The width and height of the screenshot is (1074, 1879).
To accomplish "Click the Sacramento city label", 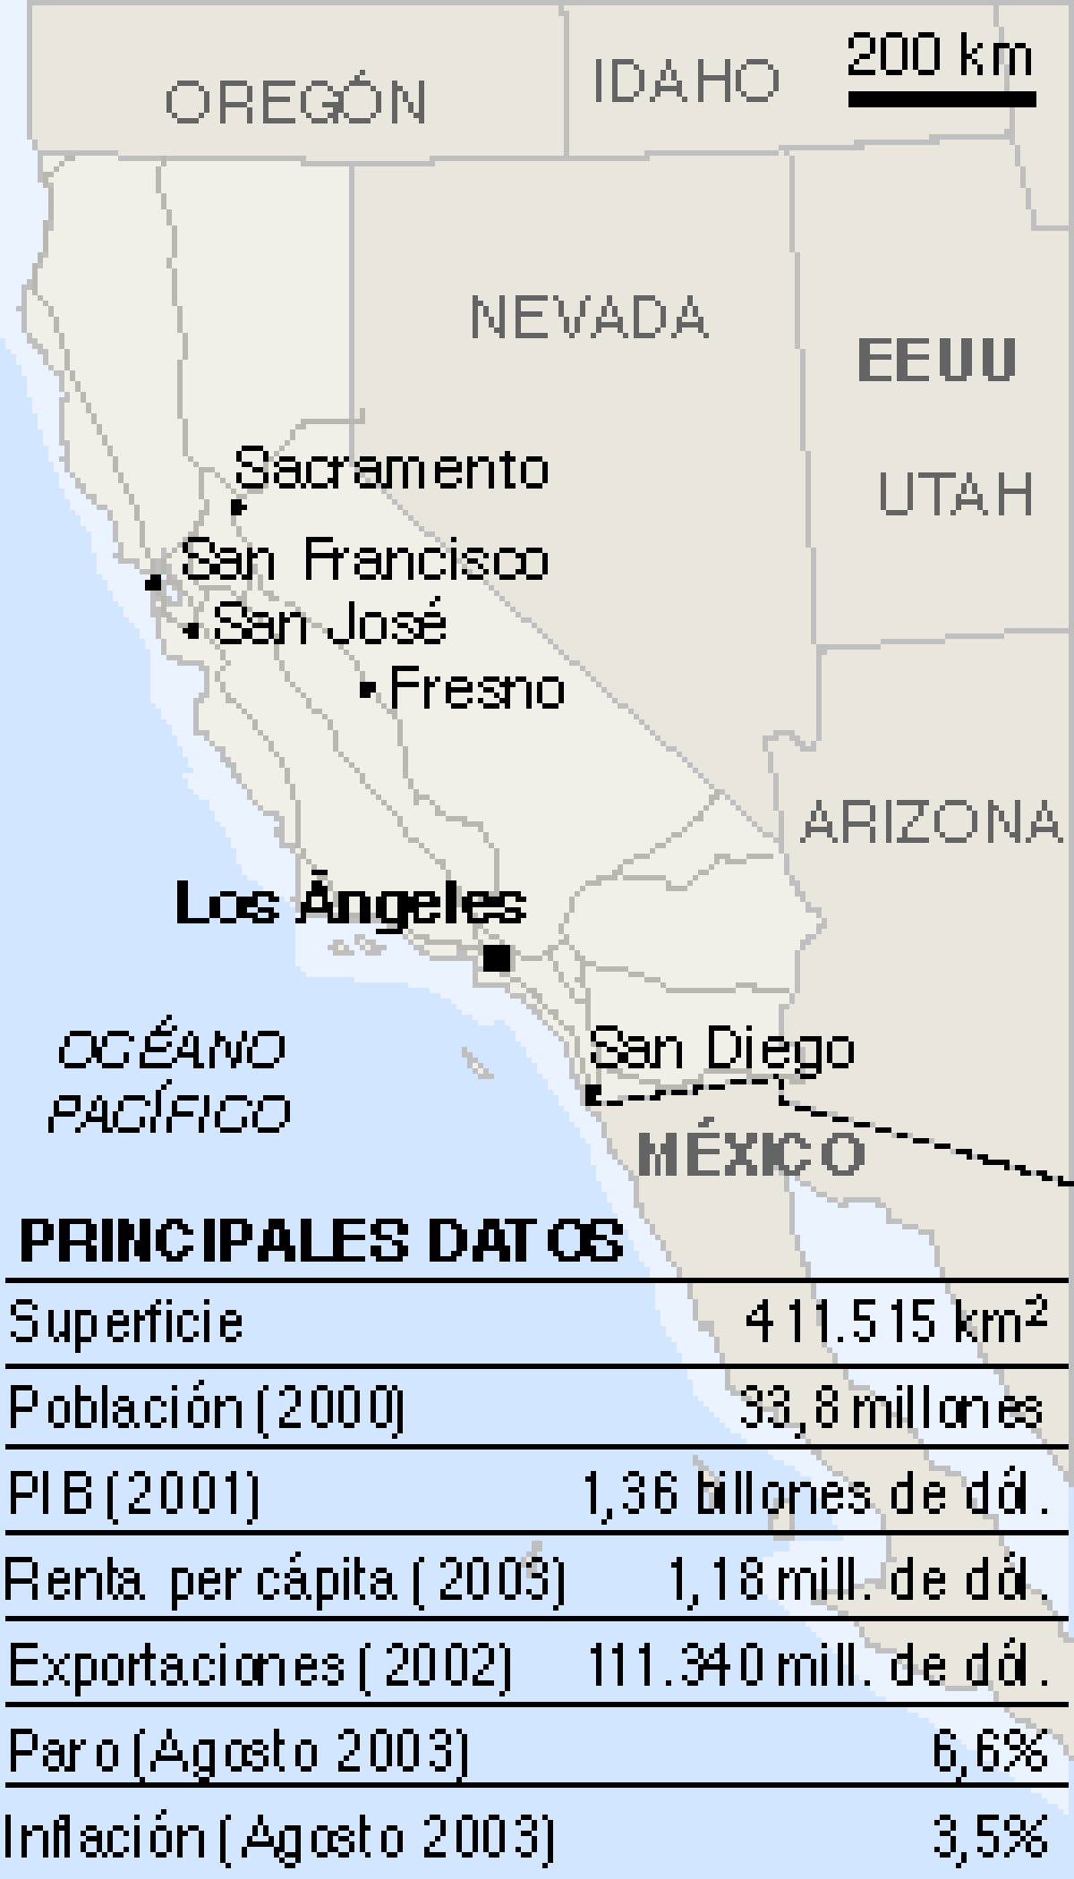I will pyautogui.click(x=391, y=469).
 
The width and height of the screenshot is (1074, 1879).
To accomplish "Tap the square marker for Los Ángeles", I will pyautogui.click(x=497, y=958).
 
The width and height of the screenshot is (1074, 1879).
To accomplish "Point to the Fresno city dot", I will pyautogui.click(x=366, y=689).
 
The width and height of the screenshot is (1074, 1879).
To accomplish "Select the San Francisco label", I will pyautogui.click(x=364, y=560).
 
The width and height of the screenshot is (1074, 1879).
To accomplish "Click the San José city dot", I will pyautogui.click(x=192, y=630).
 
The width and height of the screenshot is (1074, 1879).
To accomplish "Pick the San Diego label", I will pyautogui.click(x=721, y=1048).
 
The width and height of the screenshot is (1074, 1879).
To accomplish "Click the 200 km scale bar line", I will pyautogui.click(x=942, y=98).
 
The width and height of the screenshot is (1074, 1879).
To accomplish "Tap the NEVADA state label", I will pyautogui.click(x=590, y=317).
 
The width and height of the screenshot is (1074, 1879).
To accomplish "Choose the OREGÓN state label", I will pyautogui.click(x=296, y=101).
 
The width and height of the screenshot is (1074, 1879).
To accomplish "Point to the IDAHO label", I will pyautogui.click(x=686, y=81).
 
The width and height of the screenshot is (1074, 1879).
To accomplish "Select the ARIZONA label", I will pyautogui.click(x=931, y=822).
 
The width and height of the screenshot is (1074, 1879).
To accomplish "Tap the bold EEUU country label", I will pyautogui.click(x=937, y=360).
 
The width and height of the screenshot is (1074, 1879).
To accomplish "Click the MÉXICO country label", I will pyautogui.click(x=751, y=1152).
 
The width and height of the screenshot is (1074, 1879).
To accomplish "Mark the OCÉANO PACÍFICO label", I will pyautogui.click(x=170, y=1081).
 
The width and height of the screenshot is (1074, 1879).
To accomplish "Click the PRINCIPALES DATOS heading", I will pyautogui.click(x=321, y=1241).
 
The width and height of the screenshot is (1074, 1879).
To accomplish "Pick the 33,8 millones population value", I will pyautogui.click(x=891, y=1407).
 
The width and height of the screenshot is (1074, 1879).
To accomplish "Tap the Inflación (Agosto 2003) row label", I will pyautogui.click(x=279, y=1837).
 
